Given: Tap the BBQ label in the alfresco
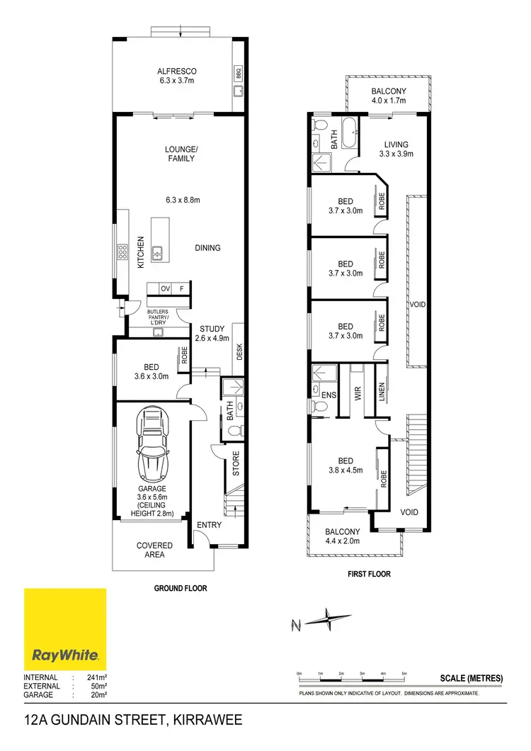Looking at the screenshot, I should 237,72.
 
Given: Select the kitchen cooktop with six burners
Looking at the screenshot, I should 122,251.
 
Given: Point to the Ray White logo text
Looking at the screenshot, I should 65,655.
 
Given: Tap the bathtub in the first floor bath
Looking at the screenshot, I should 350,133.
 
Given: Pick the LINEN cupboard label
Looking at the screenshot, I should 382,392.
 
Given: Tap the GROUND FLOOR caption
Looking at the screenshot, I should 180,588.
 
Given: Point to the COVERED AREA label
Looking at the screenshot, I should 154,550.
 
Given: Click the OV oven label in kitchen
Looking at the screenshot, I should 164,288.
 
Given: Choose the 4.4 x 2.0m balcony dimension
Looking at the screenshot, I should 343,541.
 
